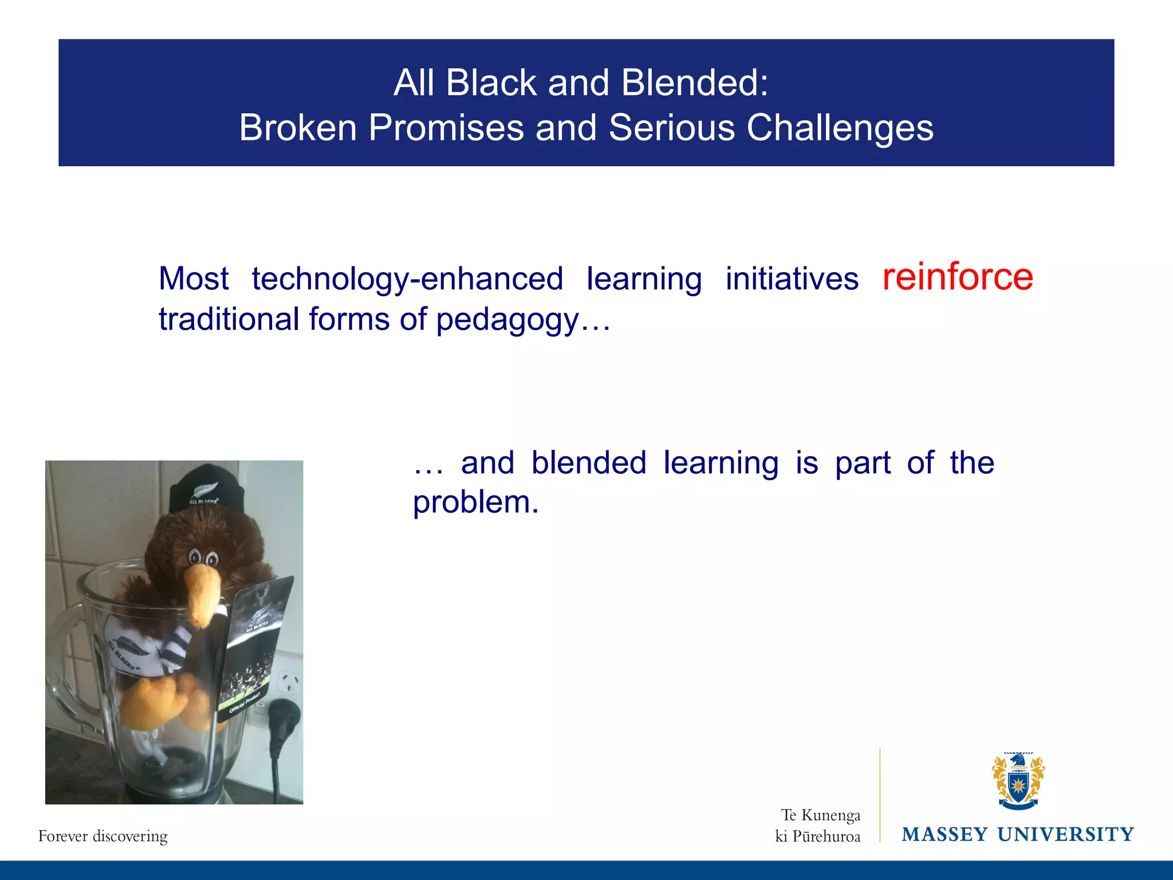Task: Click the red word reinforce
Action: pos(957,277)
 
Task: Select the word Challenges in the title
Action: pos(840,127)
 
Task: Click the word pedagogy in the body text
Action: pos(507,320)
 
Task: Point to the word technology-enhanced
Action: pos(407,279)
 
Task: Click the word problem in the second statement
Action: pos(475,502)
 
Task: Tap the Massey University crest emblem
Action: pos(1018,781)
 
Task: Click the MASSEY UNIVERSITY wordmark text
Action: pos(1018,834)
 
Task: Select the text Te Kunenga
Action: pos(820,815)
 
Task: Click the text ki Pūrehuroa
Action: pos(817,836)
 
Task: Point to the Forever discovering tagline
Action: pos(103,836)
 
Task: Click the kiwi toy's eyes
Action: pos(203,557)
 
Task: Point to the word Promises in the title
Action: pos(446,127)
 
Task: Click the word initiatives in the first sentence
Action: pos(792,279)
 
